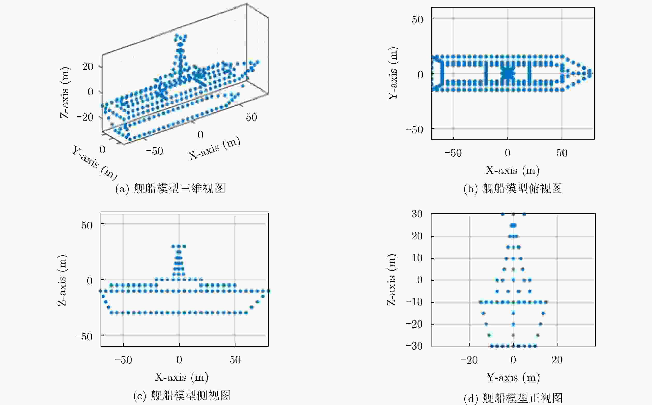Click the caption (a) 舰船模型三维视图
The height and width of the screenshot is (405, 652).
coord(170,189)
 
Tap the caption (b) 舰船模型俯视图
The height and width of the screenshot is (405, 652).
coord(513,189)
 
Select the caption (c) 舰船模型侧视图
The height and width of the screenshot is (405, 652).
coord(182,395)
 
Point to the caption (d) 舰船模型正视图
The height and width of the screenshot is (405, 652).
coord(513,398)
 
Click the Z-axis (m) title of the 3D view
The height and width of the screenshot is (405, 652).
coord(65,93)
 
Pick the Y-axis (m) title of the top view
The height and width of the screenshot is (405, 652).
coord(393,73)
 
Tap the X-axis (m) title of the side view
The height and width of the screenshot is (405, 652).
coord(182,377)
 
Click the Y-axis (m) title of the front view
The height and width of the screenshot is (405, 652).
coord(513,377)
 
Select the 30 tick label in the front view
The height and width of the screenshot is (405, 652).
coord(417,214)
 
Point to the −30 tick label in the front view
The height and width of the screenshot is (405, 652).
coord(414,346)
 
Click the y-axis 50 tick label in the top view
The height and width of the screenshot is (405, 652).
coord(418,20)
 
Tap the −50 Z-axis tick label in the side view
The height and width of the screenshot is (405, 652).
coord(84,336)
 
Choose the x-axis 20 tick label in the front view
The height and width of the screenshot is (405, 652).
coord(557,360)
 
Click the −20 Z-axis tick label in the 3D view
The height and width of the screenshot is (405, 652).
coord(85,117)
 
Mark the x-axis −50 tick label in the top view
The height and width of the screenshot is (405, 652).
coord(453,153)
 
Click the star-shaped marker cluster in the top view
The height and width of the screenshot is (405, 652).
coord(508,73)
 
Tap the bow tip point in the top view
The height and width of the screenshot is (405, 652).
coord(590,73)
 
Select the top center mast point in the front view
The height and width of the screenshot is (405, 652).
coord(513,214)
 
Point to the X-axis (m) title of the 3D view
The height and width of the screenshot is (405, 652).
coord(214,148)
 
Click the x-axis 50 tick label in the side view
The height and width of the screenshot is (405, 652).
coord(235,360)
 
